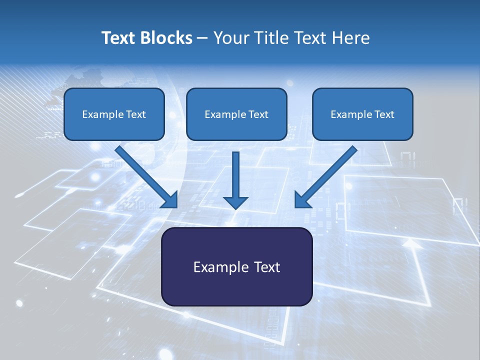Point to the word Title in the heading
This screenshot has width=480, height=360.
[273, 38]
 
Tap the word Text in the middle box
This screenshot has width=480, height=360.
[258, 114]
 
